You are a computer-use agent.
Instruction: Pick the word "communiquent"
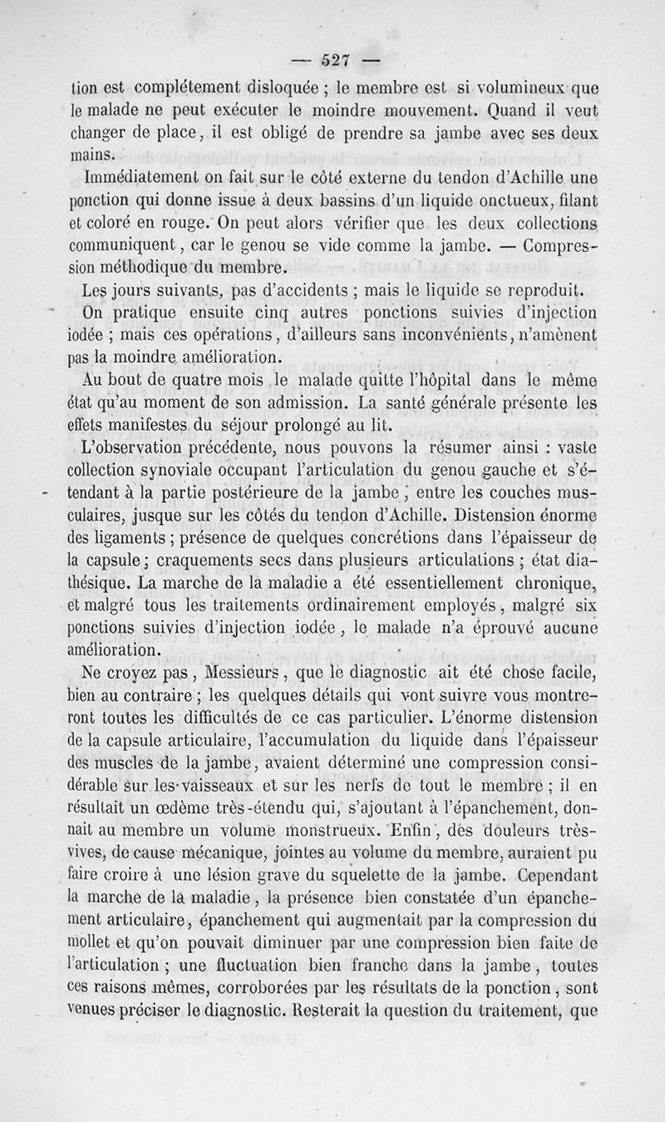tap(140, 245)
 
